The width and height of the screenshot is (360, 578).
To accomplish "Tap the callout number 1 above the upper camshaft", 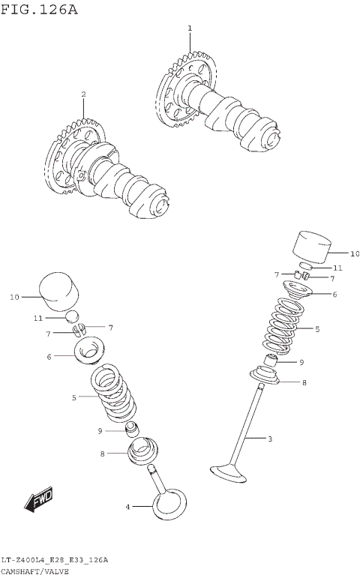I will (x=190, y=28).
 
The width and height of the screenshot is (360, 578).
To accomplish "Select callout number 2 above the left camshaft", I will (x=83, y=94).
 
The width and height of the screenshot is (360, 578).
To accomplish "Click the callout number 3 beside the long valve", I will (x=270, y=439).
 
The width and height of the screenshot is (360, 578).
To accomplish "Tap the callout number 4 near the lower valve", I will (x=127, y=508).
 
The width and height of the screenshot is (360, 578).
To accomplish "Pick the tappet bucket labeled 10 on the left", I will (x=58, y=291).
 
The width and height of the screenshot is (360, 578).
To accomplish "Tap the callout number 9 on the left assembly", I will (x=100, y=431).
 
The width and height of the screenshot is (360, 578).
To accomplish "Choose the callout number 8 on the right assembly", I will (x=304, y=383).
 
